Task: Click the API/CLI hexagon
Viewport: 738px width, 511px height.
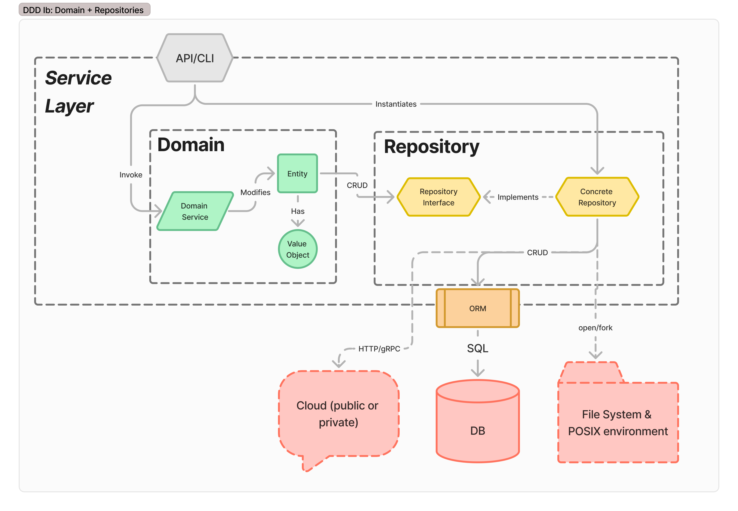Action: tap(195, 58)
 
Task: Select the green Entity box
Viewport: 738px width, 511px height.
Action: tap(297, 174)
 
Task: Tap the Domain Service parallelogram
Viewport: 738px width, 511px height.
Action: tap(195, 211)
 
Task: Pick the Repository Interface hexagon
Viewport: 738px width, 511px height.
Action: tap(438, 197)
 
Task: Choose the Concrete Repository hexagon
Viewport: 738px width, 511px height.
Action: tap(597, 197)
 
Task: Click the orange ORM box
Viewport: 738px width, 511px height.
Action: tap(477, 308)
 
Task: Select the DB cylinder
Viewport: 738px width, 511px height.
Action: tap(477, 426)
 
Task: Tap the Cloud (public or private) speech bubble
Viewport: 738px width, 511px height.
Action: tap(338, 414)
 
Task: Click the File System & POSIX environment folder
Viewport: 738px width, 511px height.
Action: tap(618, 423)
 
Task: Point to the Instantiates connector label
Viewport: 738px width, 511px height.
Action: tap(396, 104)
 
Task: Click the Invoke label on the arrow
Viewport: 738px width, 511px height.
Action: tap(131, 175)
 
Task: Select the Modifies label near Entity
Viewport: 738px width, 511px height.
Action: tap(255, 192)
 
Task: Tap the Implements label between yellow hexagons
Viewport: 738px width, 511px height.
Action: tap(518, 197)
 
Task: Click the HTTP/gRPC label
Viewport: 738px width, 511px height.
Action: tap(379, 349)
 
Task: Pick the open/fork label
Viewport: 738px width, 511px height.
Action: tap(595, 328)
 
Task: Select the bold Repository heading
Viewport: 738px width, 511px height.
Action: tap(431, 147)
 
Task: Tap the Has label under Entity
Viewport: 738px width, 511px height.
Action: tap(297, 211)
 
